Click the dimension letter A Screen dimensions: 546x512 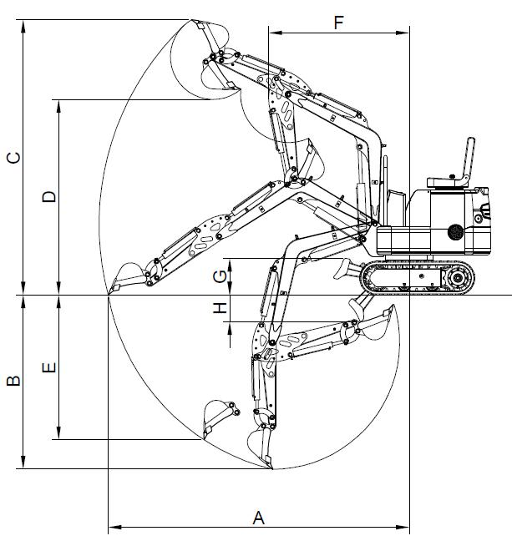pyautogui.click(x=259, y=518)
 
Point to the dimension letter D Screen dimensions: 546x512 pyautogui.click(x=49, y=197)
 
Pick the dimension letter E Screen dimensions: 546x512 pyautogui.click(x=49, y=367)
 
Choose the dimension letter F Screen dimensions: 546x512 pyautogui.click(x=339, y=23)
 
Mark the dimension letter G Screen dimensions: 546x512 pyautogui.click(x=219, y=275)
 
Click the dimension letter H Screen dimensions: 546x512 pyautogui.click(x=220, y=308)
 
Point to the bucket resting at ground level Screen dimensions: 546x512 pyautogui.click(x=124, y=278)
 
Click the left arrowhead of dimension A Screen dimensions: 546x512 pyautogui.click(x=112, y=528)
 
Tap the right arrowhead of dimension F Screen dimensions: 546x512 pyautogui.click(x=407, y=33)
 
